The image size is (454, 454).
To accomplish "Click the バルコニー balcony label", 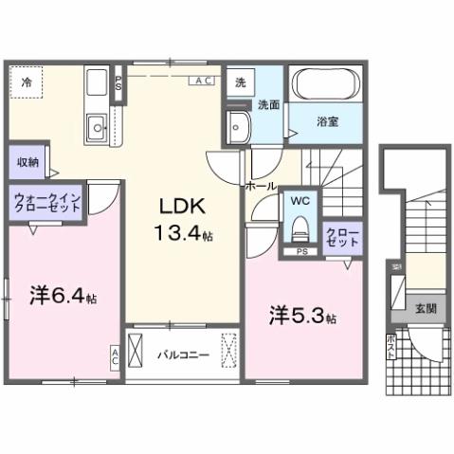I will pos(176,354).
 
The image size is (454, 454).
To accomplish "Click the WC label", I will pos(300,201).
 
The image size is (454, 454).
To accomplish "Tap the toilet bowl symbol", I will pos(300,228).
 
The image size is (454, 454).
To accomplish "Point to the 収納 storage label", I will pos(27,161).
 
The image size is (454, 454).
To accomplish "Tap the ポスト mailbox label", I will pos(391,345).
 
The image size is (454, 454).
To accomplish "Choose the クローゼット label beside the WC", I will pos(341,235).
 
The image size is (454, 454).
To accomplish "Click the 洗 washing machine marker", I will pos(240,82).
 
